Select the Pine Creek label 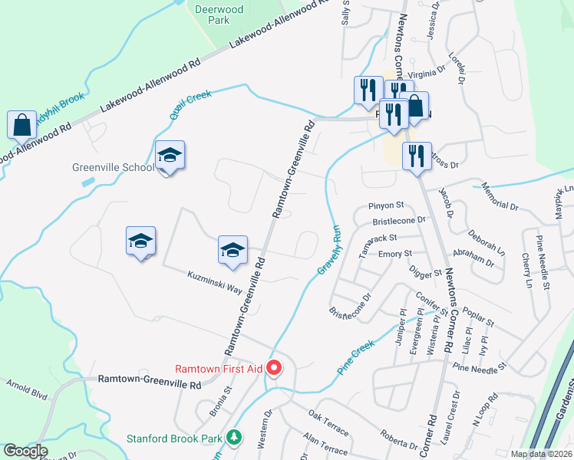[355, 357]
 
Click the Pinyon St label [386, 205]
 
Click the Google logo [25, 451]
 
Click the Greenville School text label [113, 167]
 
